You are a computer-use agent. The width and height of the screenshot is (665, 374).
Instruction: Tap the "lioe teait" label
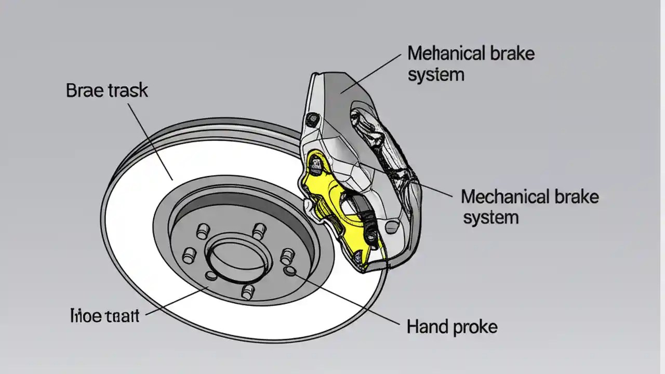tap(104, 315)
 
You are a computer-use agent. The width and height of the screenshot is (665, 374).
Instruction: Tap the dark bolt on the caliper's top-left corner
tap(313, 119)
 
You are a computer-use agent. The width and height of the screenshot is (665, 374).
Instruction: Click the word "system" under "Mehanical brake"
tap(435, 75)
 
